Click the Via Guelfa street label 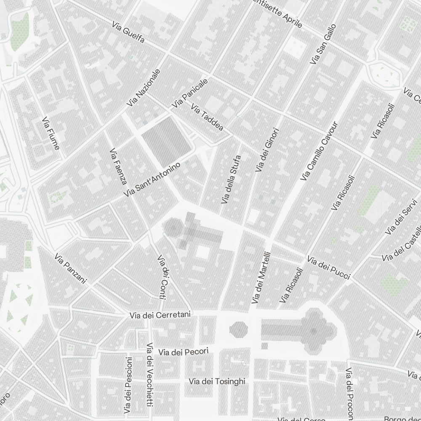pos(129,32)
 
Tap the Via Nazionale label pos(144,87)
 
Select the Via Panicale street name pos(189,93)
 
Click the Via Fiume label pos(51,133)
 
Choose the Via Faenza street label pos(118,166)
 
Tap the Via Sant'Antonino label pos(153,179)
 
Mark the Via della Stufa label pos(231,179)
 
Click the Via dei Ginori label pos(267,150)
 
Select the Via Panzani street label pos(70,268)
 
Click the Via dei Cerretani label pos(160,315)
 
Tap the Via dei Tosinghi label pos(217,381)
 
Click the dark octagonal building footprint pos(239,330)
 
